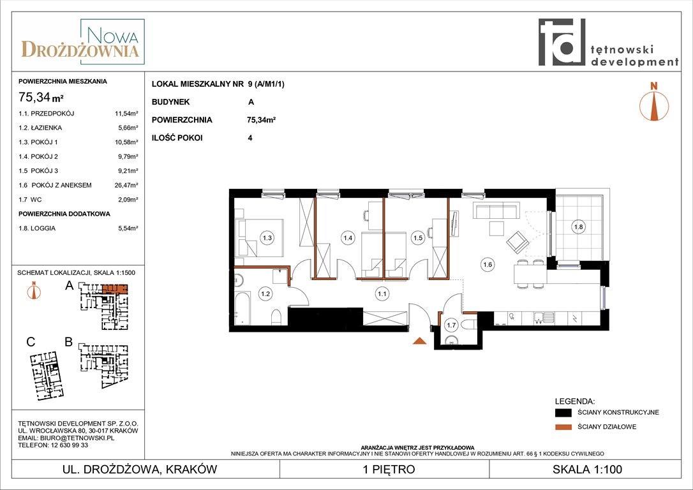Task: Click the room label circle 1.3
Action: tap(267, 238)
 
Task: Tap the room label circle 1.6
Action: tap(488, 265)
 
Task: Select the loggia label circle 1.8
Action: tap(578, 226)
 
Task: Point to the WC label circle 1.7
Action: tap(451, 325)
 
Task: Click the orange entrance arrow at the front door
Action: tap(419, 340)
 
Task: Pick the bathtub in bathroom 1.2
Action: tap(242, 308)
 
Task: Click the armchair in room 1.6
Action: tap(518, 242)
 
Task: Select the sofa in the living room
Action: tap(496, 211)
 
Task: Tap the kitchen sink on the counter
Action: tap(544, 317)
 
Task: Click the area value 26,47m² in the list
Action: tap(126, 185)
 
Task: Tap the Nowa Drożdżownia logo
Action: tap(82, 43)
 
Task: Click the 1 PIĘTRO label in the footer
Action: tap(389, 469)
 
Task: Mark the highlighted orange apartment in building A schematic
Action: tap(115, 289)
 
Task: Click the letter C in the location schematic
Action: tap(31, 342)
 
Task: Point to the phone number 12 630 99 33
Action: tap(67, 445)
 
